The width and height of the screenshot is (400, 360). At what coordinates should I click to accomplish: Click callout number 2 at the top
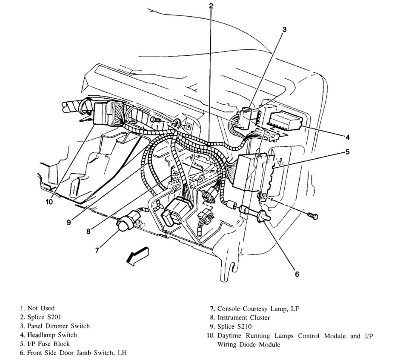[211, 6]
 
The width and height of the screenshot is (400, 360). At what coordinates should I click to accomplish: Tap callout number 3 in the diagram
[284, 29]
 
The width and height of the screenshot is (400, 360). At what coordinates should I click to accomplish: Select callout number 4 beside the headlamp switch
[347, 137]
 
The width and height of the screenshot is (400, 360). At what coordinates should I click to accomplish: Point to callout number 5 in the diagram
[347, 152]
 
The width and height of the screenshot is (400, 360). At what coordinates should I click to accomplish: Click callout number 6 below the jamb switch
[297, 274]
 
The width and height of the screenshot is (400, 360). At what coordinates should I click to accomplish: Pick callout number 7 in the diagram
[97, 250]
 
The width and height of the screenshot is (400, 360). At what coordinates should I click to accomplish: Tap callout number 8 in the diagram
[89, 232]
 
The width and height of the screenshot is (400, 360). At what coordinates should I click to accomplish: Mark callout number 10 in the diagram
[49, 202]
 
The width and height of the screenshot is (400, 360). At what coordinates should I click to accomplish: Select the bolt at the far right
[314, 216]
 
